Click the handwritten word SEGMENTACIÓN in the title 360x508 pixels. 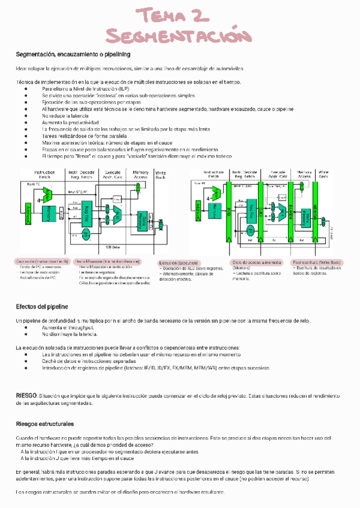pos(179,36)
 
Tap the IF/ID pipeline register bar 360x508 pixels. pos(229,210)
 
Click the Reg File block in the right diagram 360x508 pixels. pos(250,212)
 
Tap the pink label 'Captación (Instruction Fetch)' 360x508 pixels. pos(43,262)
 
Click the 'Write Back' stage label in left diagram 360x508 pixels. pos(161,175)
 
